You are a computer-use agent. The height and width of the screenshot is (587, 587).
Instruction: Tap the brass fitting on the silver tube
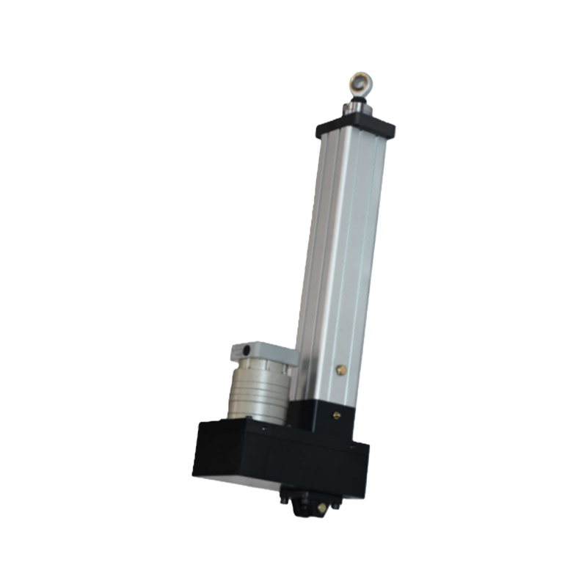point(340,371)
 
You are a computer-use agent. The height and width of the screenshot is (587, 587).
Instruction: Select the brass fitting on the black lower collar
point(336,415)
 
